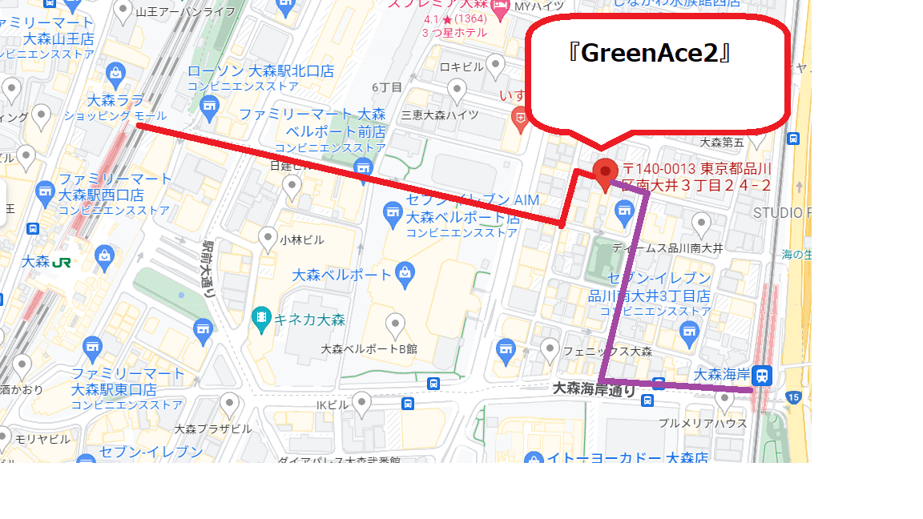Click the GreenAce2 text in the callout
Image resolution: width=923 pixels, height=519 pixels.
coord(654,54)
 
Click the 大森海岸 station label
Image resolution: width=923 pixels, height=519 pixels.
coord(720,374)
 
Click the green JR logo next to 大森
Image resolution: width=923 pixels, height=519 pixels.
coord(62,262)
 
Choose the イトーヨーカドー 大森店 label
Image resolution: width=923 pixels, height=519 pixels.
coord(627,458)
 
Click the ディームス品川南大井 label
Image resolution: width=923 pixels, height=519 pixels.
coord(667,248)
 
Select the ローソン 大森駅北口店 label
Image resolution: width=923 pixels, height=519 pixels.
coord(260,71)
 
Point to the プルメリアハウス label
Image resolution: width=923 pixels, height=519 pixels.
coord(702,423)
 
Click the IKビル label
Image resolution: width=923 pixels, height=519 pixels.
coord(333,404)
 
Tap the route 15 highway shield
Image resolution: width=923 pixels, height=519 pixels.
coord(793,396)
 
